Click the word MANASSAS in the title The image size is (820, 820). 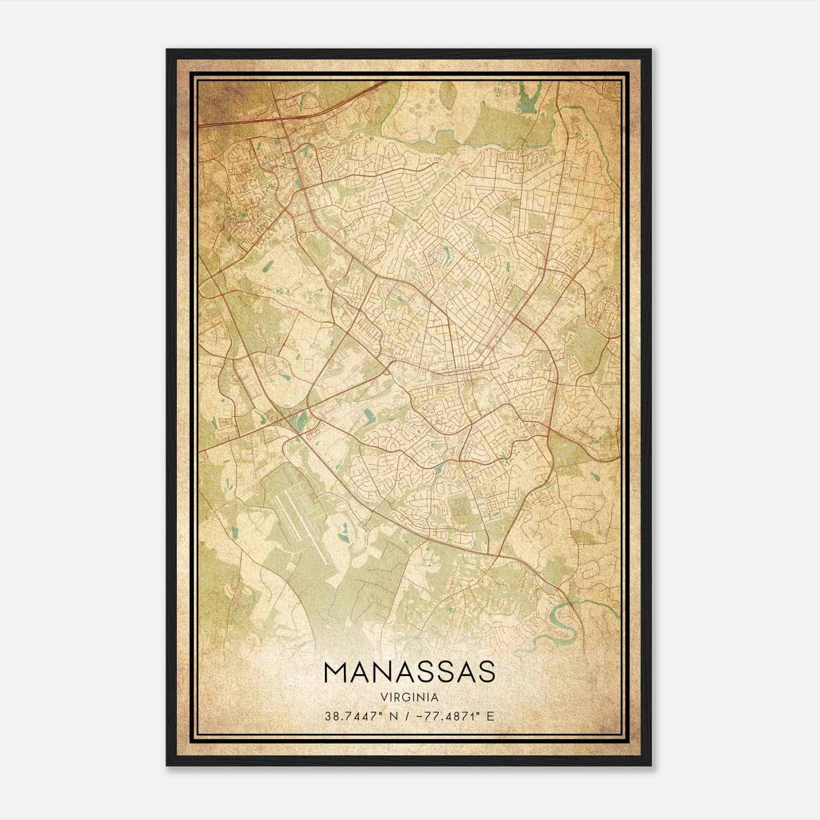(409, 672)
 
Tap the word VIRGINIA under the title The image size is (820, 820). (409, 697)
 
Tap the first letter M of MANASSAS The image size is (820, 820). (335, 672)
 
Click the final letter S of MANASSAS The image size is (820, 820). (486, 672)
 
